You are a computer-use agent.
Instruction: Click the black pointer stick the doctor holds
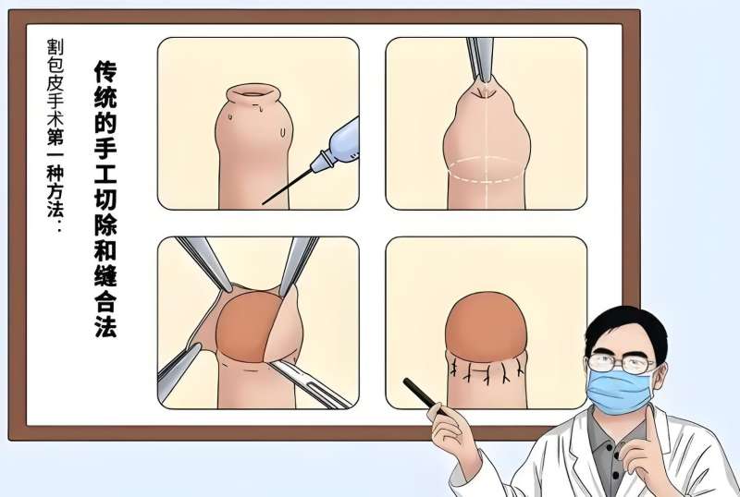(x=424, y=396)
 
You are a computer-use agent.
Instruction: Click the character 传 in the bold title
(x=105, y=72)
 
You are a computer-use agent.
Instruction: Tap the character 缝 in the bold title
(x=105, y=274)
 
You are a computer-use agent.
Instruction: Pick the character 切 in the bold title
(x=105, y=198)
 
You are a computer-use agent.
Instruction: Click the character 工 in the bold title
(x=105, y=173)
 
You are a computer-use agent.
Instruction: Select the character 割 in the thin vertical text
(x=55, y=47)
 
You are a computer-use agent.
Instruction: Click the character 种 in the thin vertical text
(x=55, y=175)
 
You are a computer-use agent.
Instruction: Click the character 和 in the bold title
(x=105, y=249)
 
